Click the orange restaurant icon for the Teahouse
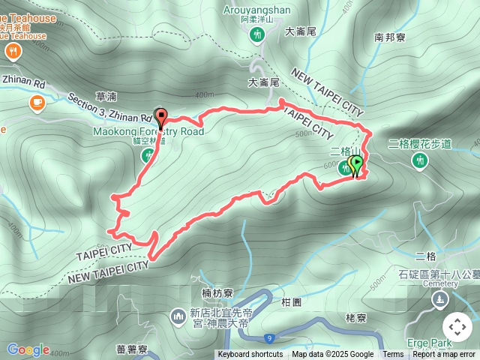tap(13, 51)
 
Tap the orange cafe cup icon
tap(37, 102)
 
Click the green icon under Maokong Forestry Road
tap(148, 155)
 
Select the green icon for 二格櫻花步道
tap(419, 160)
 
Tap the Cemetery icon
tap(439, 299)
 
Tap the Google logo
tap(28, 349)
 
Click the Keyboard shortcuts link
tap(250, 355)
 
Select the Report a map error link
tap(444, 355)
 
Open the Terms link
tap(393, 355)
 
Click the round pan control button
tap(457, 327)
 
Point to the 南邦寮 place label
tap(390, 36)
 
